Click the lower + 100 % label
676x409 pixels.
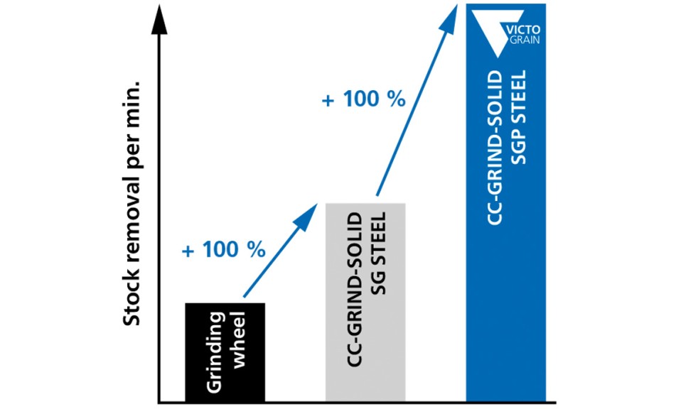click(223, 251)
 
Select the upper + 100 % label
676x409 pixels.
click(364, 99)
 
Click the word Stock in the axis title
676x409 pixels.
click(132, 305)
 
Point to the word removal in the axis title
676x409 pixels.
click(132, 227)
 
